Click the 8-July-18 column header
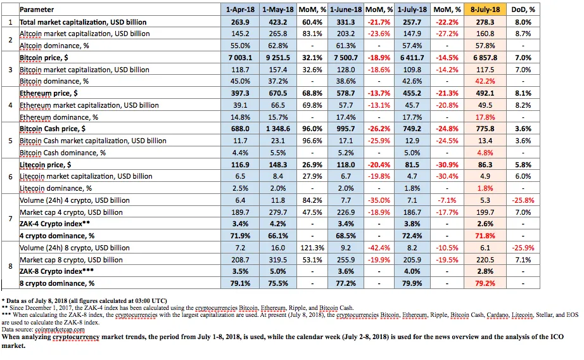pyautogui.click(x=485, y=10)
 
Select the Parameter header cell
pyautogui.click(x=37, y=10)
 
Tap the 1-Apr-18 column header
pyautogui.click(x=240, y=10)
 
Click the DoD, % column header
pyautogui.click(x=523, y=10)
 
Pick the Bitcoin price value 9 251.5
pyautogui.click(x=278, y=58)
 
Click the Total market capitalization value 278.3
pyautogui.click(x=485, y=22)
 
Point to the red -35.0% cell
pyautogui.click(x=379, y=200)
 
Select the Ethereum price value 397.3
pyautogui.click(x=240, y=93)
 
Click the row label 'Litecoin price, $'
pyautogui.click(x=45, y=165)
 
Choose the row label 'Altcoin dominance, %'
pyautogui.click(x=54, y=46)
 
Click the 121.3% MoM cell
pyautogui.click(x=312, y=248)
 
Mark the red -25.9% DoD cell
pyautogui.click(x=523, y=248)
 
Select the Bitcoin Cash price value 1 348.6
pyautogui.click(x=278, y=129)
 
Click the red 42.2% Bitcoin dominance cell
pyautogui.click(x=485, y=81)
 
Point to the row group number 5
pyautogui.click(x=10, y=141)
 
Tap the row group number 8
pyautogui.click(x=10, y=266)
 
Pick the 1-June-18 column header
pyautogui.click(x=346, y=10)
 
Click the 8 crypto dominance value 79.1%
pyautogui.click(x=240, y=283)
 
